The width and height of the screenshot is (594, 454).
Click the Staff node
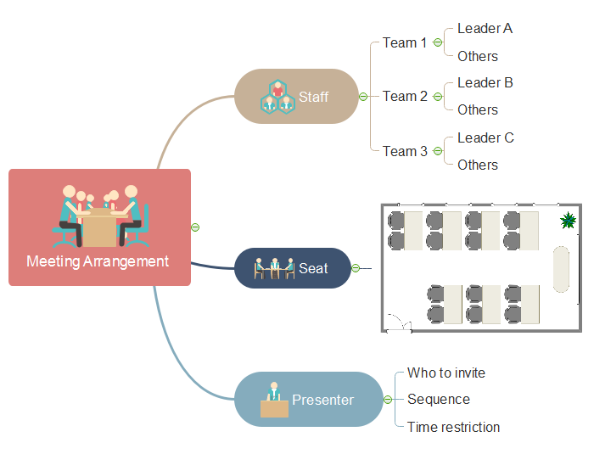point(296,97)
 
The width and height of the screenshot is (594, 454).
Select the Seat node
point(292,268)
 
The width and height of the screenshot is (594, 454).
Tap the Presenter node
point(309,399)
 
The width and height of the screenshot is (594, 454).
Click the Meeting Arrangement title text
point(98,261)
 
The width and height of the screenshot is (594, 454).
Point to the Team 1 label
point(405,42)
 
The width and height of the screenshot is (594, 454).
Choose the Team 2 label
point(405,97)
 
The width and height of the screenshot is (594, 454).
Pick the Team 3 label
point(405,151)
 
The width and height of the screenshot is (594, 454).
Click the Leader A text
point(485,29)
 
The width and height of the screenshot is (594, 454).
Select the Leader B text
point(485,83)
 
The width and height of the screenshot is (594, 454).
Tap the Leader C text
point(485,137)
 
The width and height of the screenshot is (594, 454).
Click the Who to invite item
point(446,373)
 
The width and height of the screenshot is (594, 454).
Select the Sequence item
point(438,399)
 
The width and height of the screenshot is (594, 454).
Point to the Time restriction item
point(453,427)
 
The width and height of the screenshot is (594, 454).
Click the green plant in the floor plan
point(569,221)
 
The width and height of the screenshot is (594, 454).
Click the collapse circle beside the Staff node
point(363,97)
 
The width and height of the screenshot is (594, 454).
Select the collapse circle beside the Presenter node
point(388,399)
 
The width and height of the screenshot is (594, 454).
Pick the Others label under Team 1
point(478,56)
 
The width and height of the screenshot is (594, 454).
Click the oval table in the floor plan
point(562,268)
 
